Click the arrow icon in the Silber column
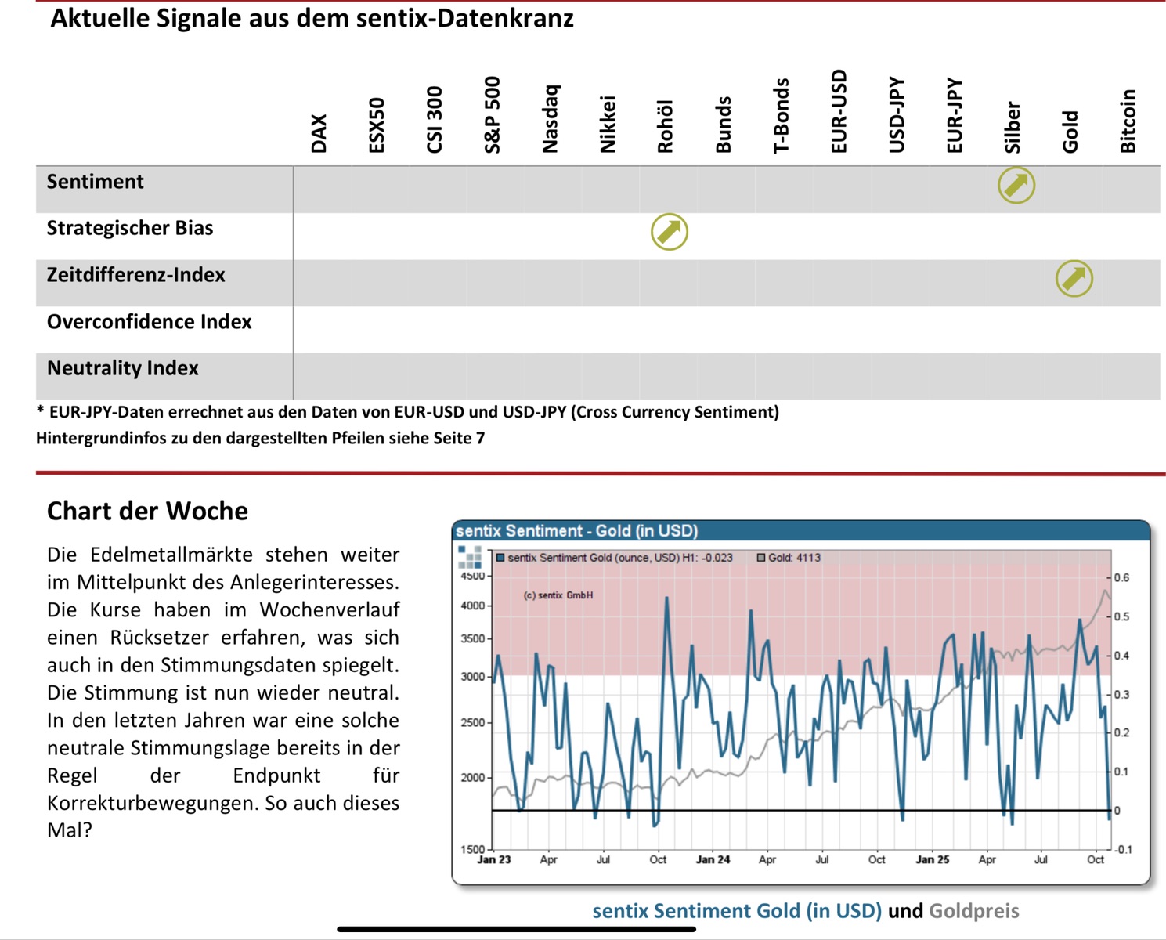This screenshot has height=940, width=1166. pyautogui.click(x=1016, y=186)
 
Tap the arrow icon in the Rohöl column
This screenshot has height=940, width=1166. pyautogui.click(x=670, y=232)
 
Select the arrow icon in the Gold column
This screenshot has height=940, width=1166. pyautogui.click(x=1074, y=278)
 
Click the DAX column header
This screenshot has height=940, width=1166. pyautogui.click(x=319, y=133)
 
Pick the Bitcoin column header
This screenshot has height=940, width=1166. pyautogui.click(x=1128, y=121)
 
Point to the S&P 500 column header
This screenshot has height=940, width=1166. pyautogui.click(x=493, y=114)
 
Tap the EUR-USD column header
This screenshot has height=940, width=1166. pyautogui.click(x=839, y=111)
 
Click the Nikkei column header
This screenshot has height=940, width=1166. pyautogui.click(x=608, y=124)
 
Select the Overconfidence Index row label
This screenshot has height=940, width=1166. pyautogui.click(x=149, y=322)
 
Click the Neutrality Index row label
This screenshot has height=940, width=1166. pyautogui.click(x=123, y=368)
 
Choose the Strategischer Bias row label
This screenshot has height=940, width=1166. pyautogui.click(x=130, y=228)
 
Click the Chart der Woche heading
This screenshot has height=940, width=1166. pyautogui.click(x=147, y=511)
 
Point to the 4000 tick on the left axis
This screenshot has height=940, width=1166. pyautogui.click(x=472, y=606)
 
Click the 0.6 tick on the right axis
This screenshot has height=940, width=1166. pyautogui.click(x=1121, y=578)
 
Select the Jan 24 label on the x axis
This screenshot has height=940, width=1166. pyautogui.click(x=713, y=859)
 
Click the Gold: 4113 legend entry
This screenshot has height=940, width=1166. pyautogui.click(x=789, y=558)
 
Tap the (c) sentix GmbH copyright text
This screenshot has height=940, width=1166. pyautogui.click(x=558, y=595)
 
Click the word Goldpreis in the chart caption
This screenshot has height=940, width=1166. pyautogui.click(x=973, y=911)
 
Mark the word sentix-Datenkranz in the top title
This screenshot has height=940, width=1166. pyautogui.click(x=465, y=18)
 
